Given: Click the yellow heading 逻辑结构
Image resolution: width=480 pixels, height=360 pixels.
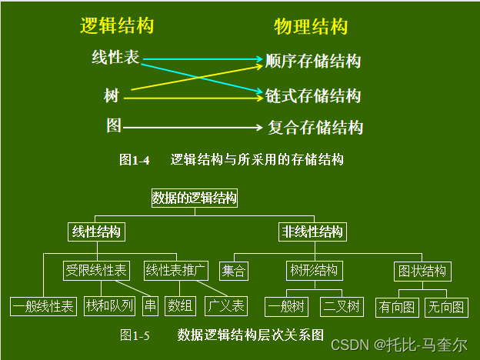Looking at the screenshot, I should click(x=117, y=26).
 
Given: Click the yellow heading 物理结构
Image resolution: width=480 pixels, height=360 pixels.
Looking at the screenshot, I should click(x=311, y=28).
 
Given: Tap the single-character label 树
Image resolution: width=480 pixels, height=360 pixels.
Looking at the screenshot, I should click(x=112, y=97).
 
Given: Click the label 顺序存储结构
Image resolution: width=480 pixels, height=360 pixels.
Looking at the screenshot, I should click(x=312, y=61).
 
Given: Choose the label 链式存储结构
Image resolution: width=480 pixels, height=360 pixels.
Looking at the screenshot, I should click(x=312, y=96).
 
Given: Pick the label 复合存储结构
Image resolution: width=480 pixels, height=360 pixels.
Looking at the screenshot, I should click(x=315, y=128).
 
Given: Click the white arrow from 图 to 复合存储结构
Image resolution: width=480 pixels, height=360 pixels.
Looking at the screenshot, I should click(x=192, y=127).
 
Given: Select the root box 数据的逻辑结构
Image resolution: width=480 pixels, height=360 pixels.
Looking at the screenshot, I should click(x=194, y=198).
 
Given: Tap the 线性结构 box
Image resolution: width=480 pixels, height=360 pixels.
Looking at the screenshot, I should click(x=96, y=232).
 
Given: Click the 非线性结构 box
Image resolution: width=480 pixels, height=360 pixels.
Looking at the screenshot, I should click(x=312, y=232).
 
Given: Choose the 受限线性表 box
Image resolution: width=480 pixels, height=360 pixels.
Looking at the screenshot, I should click(x=97, y=271).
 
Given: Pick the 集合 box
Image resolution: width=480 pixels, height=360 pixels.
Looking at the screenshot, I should click(x=234, y=272).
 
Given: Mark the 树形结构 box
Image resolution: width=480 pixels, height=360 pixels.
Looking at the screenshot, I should click(x=313, y=272).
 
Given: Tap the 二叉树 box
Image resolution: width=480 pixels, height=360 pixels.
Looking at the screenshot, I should click(x=342, y=307).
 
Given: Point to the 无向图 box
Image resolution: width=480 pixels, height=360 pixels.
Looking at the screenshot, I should click(x=446, y=307).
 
